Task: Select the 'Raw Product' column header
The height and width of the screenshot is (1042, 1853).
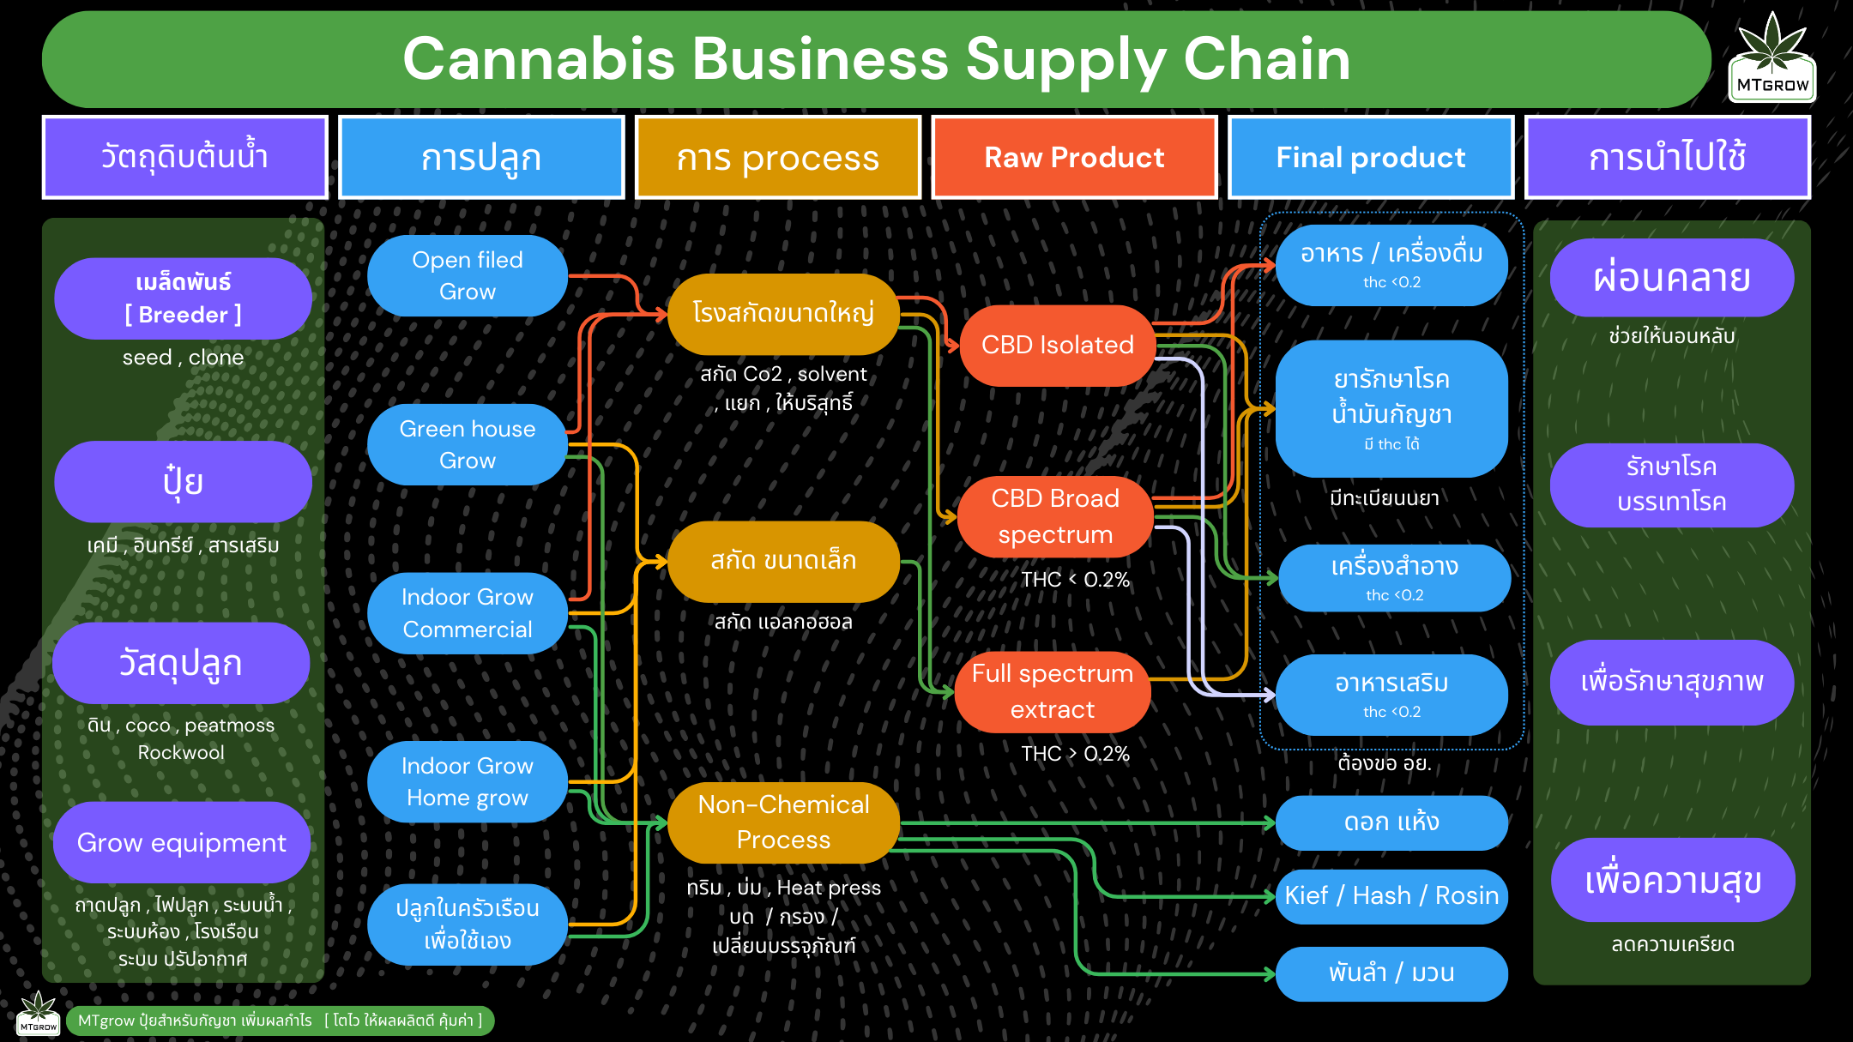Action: point(1074,158)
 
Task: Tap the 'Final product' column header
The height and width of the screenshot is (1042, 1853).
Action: point(1370,158)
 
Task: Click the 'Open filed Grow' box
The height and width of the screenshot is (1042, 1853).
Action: point(467,275)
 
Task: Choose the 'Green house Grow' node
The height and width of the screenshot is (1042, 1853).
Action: point(467,444)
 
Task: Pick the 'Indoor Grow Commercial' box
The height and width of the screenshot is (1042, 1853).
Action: point(467,613)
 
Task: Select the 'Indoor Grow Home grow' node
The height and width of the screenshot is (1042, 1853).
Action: point(467,781)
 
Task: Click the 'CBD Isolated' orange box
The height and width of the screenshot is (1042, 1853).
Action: point(1057,345)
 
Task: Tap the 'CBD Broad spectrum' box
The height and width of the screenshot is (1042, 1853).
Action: point(1055,516)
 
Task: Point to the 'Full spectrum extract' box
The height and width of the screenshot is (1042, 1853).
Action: point(1053,691)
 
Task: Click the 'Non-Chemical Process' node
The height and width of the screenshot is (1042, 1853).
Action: point(783,822)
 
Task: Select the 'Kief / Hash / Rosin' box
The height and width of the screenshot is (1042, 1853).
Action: point(1391,895)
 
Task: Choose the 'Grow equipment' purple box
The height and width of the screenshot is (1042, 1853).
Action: point(181,842)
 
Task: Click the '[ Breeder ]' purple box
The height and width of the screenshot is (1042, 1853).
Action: point(183,298)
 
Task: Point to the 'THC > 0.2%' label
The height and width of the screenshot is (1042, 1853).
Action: point(1075,754)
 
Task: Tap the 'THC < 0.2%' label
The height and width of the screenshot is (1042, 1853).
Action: point(1075,580)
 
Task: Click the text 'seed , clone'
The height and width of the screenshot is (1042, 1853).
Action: point(183,358)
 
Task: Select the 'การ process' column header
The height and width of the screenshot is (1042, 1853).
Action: point(777,158)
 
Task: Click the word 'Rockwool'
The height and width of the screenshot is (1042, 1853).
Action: point(181,752)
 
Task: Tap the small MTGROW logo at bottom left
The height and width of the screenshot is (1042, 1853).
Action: point(39,1014)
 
